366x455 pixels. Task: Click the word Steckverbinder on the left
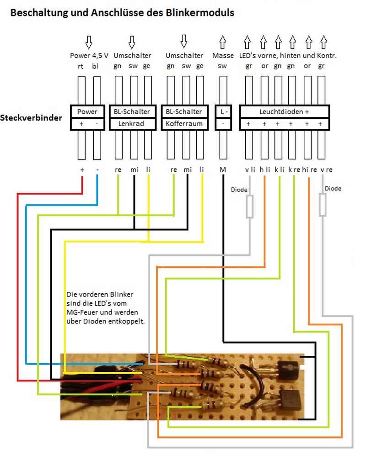tap(31, 118)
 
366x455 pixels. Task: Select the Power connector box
tap(87, 111)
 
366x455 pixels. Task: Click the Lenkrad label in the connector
tap(130, 124)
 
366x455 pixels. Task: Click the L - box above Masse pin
tap(223, 111)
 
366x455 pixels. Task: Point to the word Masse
tap(223, 56)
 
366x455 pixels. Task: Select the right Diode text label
tap(333, 188)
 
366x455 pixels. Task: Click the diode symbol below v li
tap(250, 206)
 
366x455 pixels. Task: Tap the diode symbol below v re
tap(323, 205)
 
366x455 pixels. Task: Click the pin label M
tap(223, 169)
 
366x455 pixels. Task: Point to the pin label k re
tap(294, 169)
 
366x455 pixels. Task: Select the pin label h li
tap(265, 169)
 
